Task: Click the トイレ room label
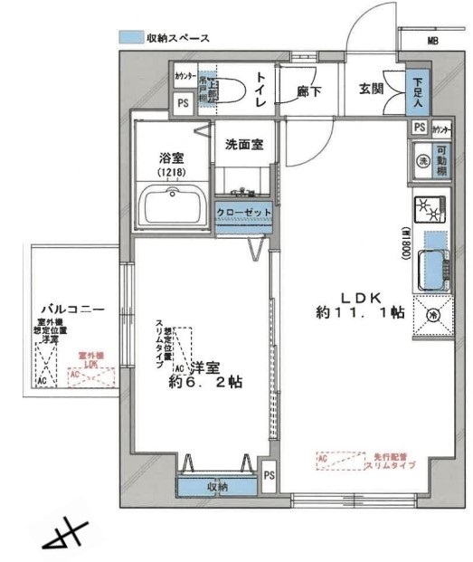260,90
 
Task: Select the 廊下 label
309,90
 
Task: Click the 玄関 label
373,89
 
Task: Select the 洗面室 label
244,144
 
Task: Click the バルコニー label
65,310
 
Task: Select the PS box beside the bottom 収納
269,473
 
